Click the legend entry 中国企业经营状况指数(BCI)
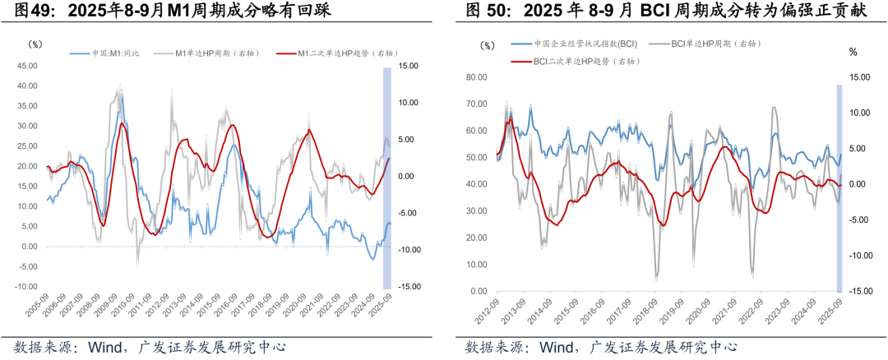pyautogui.click(x=585, y=43)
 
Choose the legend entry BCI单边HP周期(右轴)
pyautogui.click(x=715, y=43)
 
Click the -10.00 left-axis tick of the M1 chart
pyautogui.click(x=26, y=286)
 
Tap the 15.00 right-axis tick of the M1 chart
pyautogui.click(x=409, y=66)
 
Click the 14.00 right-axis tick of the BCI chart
pyautogui.click(x=858, y=77)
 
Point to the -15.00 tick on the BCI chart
pyautogui.click(x=859, y=292)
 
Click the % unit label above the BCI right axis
pyautogui.click(x=853, y=52)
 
